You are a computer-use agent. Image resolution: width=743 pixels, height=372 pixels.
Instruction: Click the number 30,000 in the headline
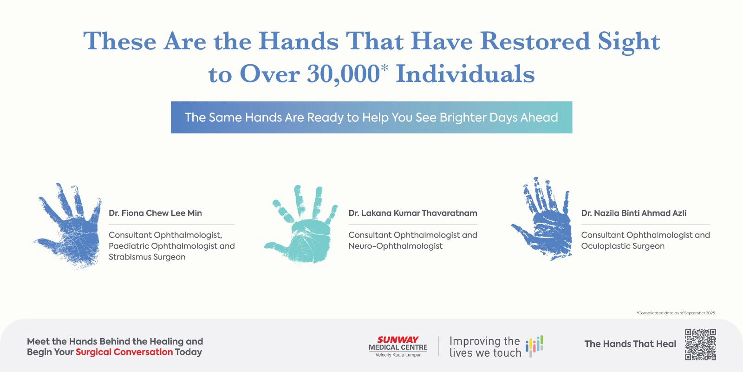pos(343,74)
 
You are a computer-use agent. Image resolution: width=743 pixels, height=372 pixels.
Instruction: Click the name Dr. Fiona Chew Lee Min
pos(155,213)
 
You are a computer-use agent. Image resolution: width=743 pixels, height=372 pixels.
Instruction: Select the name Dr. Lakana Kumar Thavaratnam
pos(413,213)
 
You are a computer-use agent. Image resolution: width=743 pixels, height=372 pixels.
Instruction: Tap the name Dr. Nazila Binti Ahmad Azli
pos(633,213)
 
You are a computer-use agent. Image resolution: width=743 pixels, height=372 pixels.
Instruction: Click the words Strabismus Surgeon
pos(147,257)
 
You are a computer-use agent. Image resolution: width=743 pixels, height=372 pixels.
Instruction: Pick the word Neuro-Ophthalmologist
pos(395,246)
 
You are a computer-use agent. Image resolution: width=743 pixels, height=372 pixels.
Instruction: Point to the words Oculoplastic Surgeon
pos(623,246)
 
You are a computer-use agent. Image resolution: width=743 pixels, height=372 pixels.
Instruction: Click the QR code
pos(701,345)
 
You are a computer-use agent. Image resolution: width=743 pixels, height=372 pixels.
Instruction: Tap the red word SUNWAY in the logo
pos(398,340)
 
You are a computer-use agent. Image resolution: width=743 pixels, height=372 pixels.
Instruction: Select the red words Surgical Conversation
pos(124,352)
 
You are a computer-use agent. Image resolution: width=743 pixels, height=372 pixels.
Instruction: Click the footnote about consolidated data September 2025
pos(676,313)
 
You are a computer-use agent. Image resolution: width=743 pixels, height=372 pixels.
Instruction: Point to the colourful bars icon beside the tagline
pos(534,346)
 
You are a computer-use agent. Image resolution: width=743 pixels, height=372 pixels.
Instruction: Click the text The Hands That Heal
pos(630,344)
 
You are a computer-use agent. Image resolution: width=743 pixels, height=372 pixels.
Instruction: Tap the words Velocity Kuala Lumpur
pos(398,355)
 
